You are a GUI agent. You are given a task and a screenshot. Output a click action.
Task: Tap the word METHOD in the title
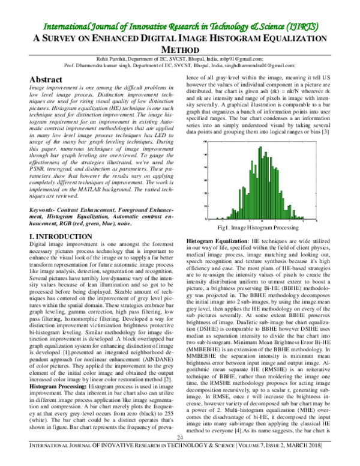(x=180, y=50)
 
